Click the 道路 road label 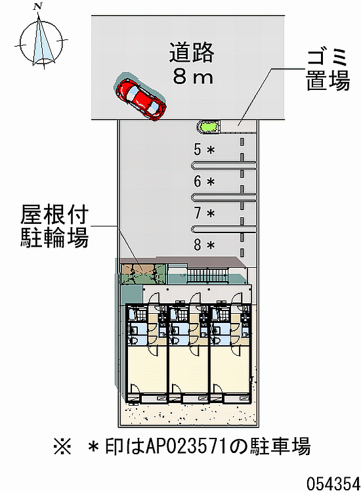tap(192, 53)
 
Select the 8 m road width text tap(193, 77)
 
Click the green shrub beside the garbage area tap(207, 127)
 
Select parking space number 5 tap(198, 149)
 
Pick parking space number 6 tap(198, 181)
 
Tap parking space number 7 tap(198, 213)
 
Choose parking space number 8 tap(198, 245)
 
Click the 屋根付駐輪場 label tap(54, 226)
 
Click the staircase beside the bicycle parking tap(207, 274)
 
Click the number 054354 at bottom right tap(333, 482)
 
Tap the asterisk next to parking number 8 tap(211, 246)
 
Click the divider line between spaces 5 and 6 tap(224, 165)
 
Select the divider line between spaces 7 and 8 tap(224, 229)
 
